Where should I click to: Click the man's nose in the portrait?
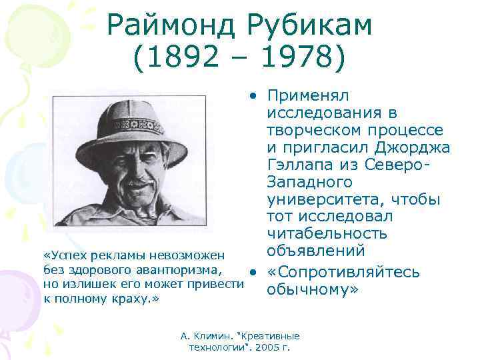point(137,167)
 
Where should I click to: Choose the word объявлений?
point(315,251)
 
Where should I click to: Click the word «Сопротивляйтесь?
point(343,273)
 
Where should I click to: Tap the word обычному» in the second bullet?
point(313,290)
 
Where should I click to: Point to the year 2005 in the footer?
point(266,347)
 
